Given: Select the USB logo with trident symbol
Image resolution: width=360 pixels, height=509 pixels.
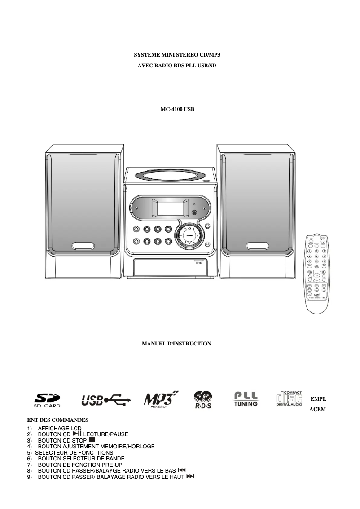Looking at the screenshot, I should pyautogui.click(x=106, y=399).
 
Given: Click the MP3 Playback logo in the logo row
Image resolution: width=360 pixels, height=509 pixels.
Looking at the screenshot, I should pyautogui.click(x=161, y=399).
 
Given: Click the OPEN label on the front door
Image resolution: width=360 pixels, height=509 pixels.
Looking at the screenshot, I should pyautogui.click(x=198, y=263).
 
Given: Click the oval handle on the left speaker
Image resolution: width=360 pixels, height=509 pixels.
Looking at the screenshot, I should pyautogui.click(x=83, y=246).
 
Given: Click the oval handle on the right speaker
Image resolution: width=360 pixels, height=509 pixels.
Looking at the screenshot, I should pyautogui.click(x=258, y=246).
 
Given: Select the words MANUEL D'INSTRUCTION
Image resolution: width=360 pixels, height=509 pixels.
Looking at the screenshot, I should pyautogui.click(x=176, y=344).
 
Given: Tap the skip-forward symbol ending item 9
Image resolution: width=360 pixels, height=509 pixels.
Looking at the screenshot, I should pyautogui.click(x=190, y=475).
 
